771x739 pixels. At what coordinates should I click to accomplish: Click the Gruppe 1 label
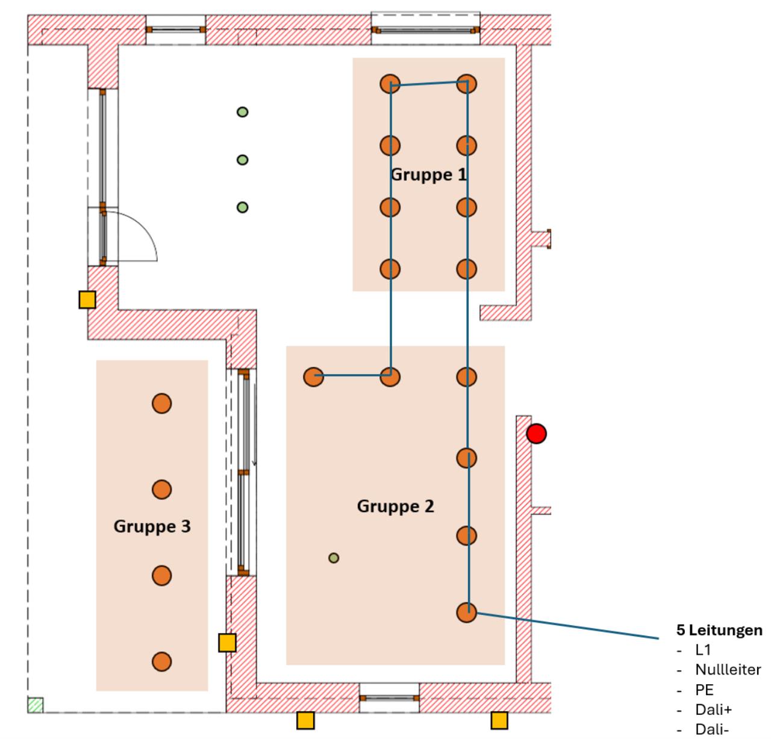pos(428,175)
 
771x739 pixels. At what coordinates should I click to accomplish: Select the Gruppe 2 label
pos(395,506)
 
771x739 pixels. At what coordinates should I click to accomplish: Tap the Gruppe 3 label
pos(152,526)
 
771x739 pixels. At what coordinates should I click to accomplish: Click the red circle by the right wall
pos(536,434)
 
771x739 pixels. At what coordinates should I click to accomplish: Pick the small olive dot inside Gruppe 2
pos(334,558)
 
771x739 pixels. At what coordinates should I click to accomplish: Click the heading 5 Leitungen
pos(719,630)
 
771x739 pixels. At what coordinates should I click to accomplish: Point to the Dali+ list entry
pos(714,710)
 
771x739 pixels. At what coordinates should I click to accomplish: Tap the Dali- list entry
pos(712,730)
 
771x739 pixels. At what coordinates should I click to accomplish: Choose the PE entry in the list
pos(704,690)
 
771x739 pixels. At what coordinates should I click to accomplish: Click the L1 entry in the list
pos(703,650)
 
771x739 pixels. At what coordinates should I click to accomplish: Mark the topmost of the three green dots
pos(242,112)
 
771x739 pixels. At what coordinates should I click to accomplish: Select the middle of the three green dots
pos(242,160)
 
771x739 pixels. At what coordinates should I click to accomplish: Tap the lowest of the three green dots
pos(242,207)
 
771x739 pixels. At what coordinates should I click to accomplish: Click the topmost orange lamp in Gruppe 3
pos(161,404)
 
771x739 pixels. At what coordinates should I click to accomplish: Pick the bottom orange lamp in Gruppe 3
pos(161,661)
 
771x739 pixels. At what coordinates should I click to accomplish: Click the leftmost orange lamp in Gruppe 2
pos(313,377)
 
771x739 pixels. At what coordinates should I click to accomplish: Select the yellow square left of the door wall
pos(87,299)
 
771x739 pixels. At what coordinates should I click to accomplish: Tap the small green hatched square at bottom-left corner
pos(36,705)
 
